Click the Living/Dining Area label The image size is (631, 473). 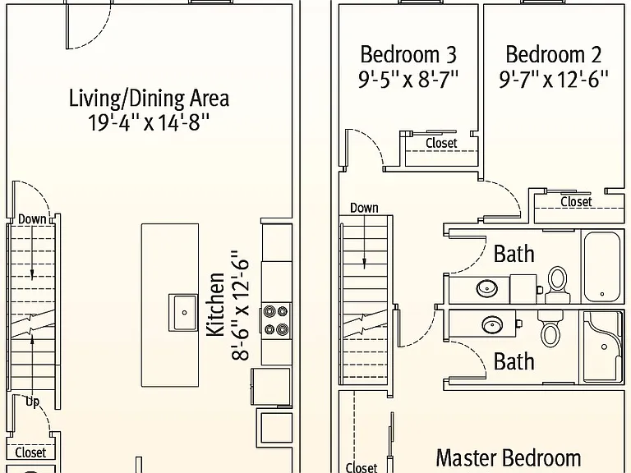tap(150, 99)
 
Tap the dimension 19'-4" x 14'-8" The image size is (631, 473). tap(149, 122)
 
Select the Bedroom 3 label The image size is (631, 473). tap(408, 55)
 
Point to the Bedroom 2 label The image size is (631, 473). tap(554, 55)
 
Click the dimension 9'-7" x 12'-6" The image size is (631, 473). tap(554, 79)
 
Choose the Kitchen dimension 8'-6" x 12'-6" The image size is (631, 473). tap(240, 305)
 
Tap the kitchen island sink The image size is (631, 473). tap(183, 313)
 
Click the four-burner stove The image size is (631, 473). tap(276, 320)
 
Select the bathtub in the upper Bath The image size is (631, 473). tap(601, 267)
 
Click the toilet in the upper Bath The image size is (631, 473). tap(558, 284)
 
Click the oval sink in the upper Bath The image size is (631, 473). tap(487, 288)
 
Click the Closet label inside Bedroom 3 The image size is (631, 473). tap(441, 143)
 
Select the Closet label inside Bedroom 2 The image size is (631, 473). tap(576, 201)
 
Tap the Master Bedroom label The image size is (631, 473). tap(509, 458)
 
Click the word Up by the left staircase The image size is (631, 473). tap(32, 402)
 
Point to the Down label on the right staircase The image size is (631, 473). tap(364, 208)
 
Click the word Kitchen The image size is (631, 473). tap(215, 304)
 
